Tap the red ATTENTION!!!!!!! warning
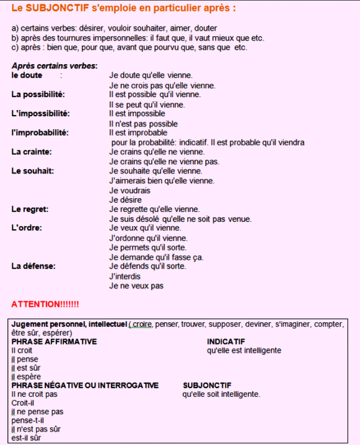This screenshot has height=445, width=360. pos(45,304)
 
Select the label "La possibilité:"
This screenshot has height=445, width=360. pos(38,95)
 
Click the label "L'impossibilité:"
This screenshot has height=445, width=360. pos(40,113)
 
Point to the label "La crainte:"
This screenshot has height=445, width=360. pos(32,152)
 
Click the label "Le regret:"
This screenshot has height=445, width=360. pos(30,209)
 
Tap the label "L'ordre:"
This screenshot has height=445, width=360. pos(27,228)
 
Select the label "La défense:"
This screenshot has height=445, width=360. pos(33,266)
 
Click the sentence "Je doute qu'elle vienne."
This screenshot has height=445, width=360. pos(151,75)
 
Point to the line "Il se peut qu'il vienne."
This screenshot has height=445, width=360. pos(147,105)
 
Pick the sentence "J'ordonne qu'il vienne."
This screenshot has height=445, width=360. pos(148,238)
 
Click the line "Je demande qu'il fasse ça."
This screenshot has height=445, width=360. pos(156,257)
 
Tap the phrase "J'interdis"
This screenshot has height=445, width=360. pos(125,276)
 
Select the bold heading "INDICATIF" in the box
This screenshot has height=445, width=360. pos(226,341)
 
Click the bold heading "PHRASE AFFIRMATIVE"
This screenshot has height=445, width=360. pos(54,341)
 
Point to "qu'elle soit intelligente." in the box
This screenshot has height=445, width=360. pos(221,394)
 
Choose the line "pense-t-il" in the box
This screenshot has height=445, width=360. pos(27,421)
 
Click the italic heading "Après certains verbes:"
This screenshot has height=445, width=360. pos(55,66)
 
